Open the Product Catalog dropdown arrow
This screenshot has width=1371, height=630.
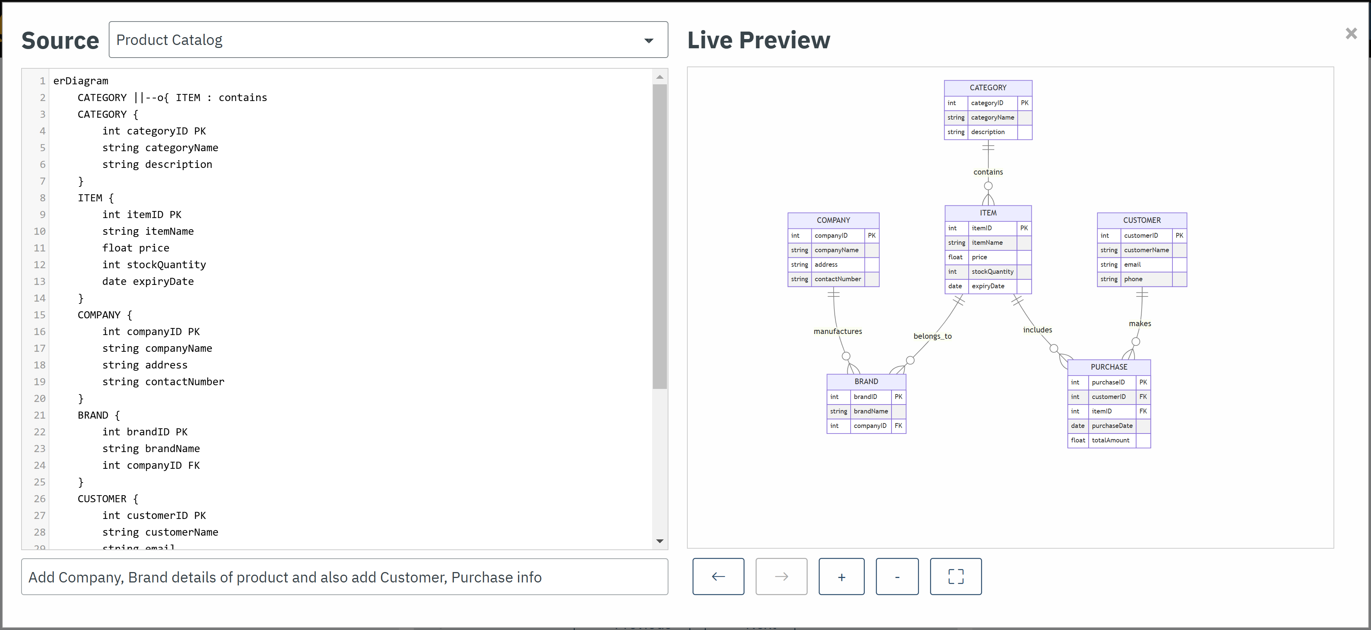tap(648, 40)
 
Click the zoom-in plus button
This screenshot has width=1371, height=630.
tap(841, 577)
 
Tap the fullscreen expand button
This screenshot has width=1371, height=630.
tap(955, 577)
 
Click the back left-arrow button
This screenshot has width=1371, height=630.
tap(718, 577)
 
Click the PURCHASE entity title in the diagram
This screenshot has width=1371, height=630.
tap(1109, 367)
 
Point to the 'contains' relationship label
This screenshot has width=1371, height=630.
tap(988, 172)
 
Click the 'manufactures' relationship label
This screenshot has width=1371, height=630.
tap(837, 331)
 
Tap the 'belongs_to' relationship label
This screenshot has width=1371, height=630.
tap(932, 336)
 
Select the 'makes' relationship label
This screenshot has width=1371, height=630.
tap(1139, 324)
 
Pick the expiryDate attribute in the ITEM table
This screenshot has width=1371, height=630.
tap(988, 286)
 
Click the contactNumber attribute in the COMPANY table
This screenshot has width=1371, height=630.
tap(837, 279)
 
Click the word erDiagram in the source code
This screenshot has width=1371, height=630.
tap(81, 81)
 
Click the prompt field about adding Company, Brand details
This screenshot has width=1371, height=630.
tap(344, 577)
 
